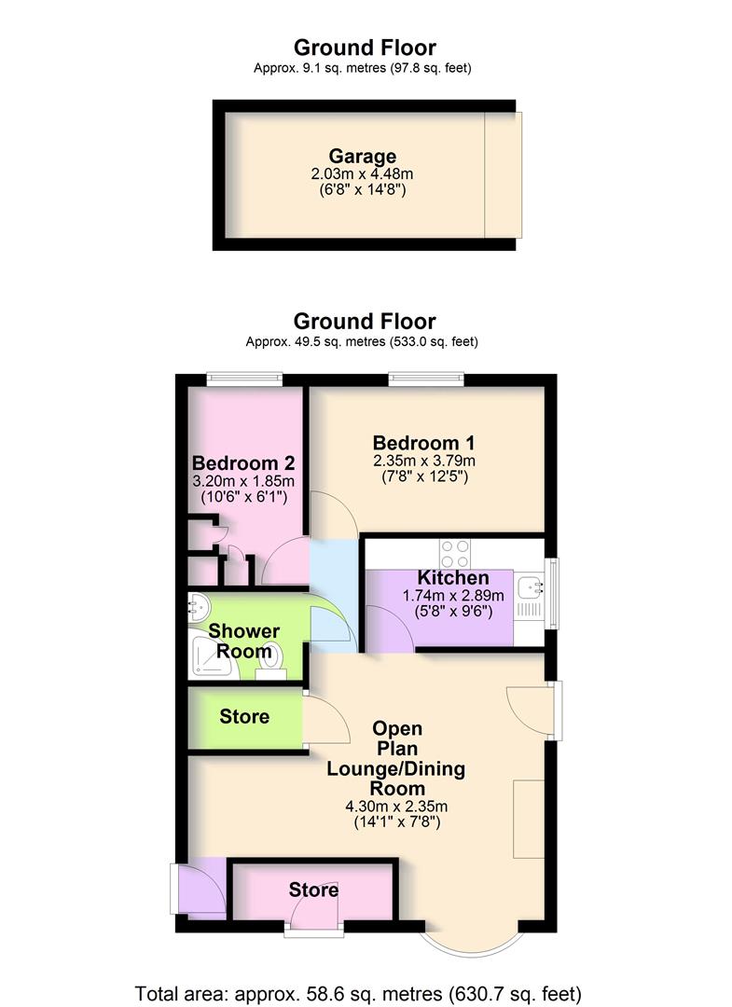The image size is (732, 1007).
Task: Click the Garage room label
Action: tap(362, 157)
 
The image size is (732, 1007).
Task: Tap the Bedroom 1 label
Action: tap(416, 442)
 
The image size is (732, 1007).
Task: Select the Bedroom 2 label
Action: tap(243, 463)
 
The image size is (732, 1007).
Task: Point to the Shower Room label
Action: tap(243, 641)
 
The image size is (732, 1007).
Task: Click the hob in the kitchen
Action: tap(455, 555)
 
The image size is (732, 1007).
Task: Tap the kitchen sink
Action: tap(534, 587)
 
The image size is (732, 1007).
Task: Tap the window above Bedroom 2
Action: tap(244, 378)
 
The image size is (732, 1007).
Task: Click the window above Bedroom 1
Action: tap(426, 378)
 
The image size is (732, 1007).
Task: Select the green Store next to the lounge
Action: tap(244, 716)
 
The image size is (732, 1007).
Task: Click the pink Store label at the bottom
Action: tap(313, 890)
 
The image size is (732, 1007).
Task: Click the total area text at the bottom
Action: tap(359, 991)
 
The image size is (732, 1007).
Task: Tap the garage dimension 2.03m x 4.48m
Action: tap(362, 174)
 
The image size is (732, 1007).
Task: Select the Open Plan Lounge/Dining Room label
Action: tap(395, 759)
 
